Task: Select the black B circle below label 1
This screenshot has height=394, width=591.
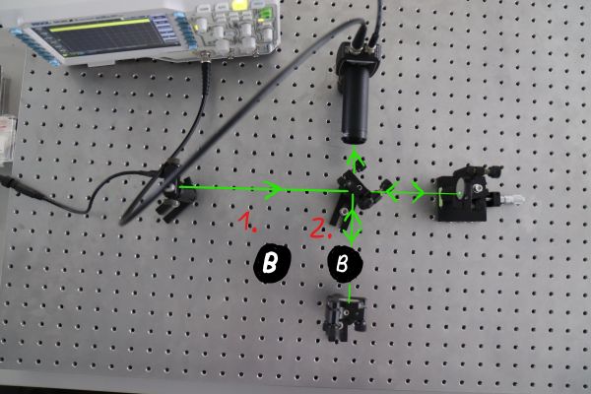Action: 272,263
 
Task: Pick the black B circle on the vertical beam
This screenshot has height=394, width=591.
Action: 345,264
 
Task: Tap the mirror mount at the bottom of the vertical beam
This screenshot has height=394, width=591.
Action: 345,317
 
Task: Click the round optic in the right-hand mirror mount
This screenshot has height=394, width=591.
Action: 460,187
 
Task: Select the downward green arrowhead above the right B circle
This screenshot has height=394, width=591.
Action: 353,235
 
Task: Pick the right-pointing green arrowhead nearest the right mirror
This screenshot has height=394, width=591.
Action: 419,192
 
